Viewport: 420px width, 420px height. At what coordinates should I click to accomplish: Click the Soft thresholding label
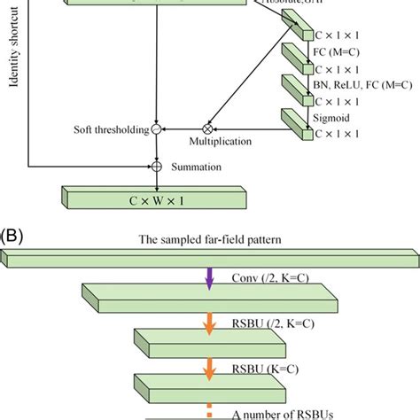pos(110,130)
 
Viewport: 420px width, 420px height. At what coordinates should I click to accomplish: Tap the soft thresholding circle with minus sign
pos(156,129)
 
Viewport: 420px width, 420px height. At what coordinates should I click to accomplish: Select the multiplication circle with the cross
pos(209,129)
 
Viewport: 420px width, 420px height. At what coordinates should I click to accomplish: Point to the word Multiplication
pos(222,141)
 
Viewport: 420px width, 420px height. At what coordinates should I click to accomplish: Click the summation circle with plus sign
pos(156,166)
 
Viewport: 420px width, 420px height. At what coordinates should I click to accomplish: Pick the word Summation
pos(193,166)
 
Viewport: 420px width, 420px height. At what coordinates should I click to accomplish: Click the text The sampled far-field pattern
pos(209,239)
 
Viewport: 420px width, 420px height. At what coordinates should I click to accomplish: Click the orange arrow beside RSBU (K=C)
pos(210,361)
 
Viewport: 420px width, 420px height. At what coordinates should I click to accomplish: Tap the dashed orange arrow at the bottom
pos(210,408)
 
